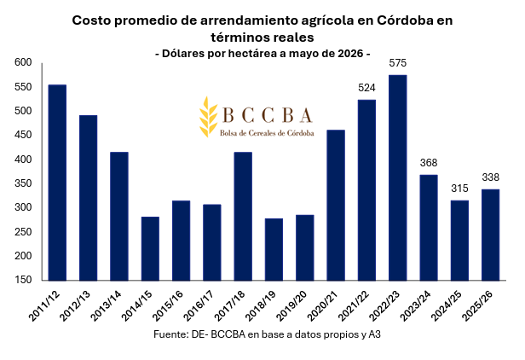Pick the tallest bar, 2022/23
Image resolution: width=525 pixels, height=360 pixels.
[398, 177]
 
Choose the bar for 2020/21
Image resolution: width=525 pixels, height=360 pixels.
[336, 205]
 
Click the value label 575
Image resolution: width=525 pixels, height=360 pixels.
[398, 63]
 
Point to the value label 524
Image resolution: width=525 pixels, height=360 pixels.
[367, 87]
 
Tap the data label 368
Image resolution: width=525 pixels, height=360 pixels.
[429, 163]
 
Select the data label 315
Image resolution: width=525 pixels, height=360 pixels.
[459, 189]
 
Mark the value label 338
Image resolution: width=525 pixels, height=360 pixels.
[491, 177]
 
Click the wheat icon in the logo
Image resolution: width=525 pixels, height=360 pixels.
[206, 117]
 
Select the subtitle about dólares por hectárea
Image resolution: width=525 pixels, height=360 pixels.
[262, 53]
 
